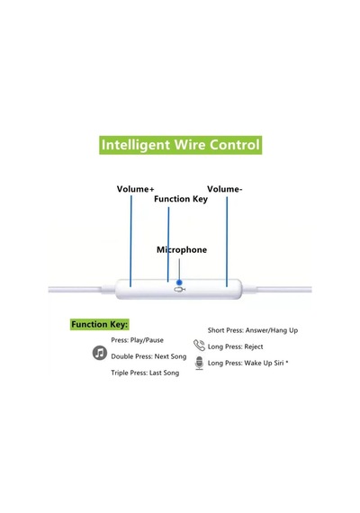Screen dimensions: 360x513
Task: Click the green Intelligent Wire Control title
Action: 180,145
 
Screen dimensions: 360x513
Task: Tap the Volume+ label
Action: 135,189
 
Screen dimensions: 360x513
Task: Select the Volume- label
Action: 224,189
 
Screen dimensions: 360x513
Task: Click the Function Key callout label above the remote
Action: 181,199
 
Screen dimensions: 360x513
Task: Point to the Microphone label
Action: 182,249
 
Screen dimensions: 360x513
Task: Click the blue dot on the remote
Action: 179,283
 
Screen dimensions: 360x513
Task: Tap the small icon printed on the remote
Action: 180,290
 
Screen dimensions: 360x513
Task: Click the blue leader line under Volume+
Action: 130,241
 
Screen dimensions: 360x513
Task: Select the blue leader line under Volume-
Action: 227,241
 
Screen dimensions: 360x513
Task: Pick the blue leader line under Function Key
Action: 168,244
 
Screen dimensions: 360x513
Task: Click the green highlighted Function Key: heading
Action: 100,325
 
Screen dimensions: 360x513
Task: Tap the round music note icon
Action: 100,353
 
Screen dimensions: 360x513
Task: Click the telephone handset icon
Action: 199,346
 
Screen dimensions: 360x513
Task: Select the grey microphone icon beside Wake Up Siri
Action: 199,364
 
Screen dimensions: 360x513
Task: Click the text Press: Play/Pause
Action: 137,340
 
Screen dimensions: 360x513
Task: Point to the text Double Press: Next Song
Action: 148,356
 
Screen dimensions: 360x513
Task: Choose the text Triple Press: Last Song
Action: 145,373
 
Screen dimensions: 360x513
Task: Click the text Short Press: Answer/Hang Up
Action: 253,330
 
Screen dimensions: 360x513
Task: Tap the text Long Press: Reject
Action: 235,346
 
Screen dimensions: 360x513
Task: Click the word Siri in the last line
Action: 278,363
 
